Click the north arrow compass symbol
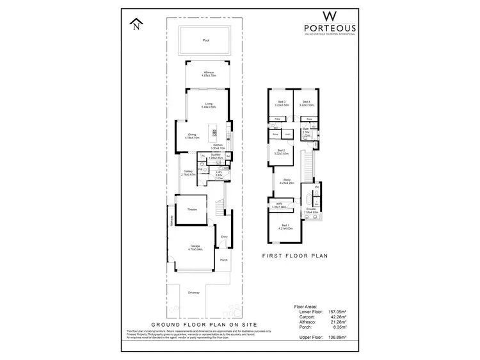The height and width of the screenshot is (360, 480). coord(135,25)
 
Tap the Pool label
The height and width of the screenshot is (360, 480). coord(206,40)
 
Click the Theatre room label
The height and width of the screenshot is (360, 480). coord(192,210)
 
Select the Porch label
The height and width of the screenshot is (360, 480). coord(224,260)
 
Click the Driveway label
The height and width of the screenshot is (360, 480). coord(194,293)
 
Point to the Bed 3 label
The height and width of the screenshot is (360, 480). coord(278,102)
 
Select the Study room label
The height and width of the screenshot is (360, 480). coord(287,181)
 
